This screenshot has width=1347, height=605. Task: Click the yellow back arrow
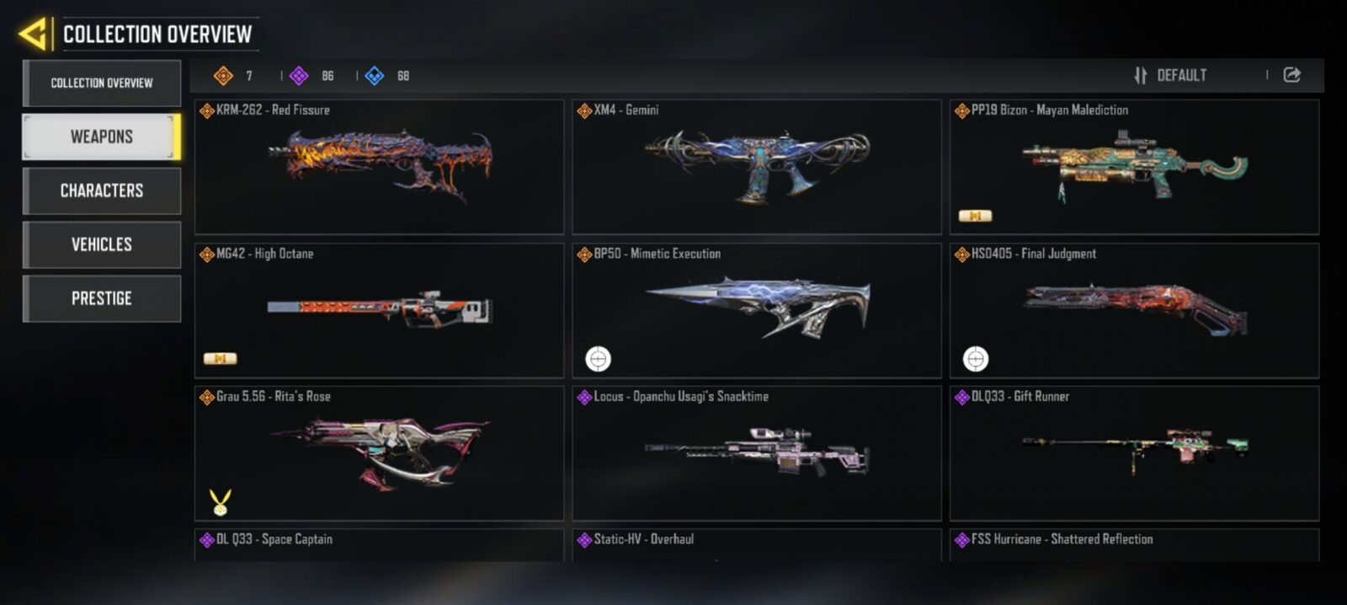tap(33, 34)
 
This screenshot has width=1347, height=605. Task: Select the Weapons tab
tap(102, 137)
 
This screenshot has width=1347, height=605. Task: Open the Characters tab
tap(102, 190)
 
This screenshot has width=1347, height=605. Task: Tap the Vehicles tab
tap(102, 244)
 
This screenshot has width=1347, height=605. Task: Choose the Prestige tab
tap(102, 298)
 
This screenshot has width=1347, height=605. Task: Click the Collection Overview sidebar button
tap(102, 83)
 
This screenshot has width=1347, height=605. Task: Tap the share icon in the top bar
tap(1291, 75)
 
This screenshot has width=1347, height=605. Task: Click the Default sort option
tap(1170, 75)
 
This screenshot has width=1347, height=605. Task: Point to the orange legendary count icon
tap(223, 76)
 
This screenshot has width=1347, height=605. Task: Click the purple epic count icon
tap(299, 76)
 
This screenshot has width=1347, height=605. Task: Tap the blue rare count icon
tap(374, 76)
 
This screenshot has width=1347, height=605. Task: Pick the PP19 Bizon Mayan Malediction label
tap(1049, 110)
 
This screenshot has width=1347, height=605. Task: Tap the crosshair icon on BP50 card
tap(599, 359)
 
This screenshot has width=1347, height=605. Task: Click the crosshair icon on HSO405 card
tap(976, 359)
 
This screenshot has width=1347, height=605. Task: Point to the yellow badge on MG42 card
tap(220, 359)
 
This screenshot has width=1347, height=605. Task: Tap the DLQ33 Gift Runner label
tap(1020, 397)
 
